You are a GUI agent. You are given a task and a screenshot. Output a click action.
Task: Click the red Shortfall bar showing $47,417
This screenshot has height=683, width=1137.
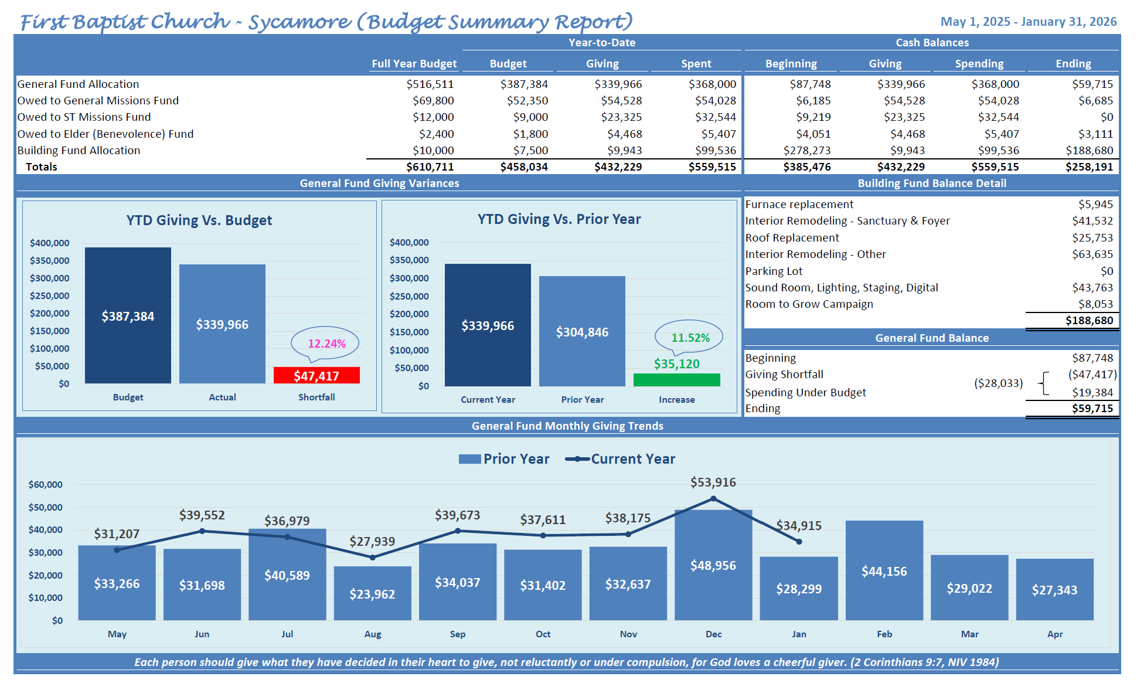(x=316, y=375)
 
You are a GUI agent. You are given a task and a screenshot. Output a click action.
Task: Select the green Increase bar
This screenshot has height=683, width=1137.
(x=676, y=380)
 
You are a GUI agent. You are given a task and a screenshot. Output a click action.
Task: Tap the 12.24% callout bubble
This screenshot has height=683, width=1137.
(x=326, y=343)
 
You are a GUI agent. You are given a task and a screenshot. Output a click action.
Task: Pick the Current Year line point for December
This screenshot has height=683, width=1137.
(x=713, y=499)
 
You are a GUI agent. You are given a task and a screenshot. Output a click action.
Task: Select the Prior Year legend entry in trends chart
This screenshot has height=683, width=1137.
(x=504, y=459)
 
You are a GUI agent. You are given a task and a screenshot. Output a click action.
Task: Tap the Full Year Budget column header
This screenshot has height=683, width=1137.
(x=414, y=64)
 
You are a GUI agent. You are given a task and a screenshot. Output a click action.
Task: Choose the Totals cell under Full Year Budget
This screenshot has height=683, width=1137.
(x=430, y=167)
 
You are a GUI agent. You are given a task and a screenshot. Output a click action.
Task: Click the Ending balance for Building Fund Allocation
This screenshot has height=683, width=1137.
(x=1089, y=151)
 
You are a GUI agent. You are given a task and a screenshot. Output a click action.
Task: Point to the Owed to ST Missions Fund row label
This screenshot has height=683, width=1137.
(x=84, y=117)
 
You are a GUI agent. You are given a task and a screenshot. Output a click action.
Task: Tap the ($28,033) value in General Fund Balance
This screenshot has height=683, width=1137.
(x=998, y=383)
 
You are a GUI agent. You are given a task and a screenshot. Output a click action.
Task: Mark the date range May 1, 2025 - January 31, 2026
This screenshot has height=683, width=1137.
(x=1029, y=22)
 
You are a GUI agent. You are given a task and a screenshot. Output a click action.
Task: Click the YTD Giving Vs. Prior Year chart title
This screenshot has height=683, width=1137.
(x=559, y=219)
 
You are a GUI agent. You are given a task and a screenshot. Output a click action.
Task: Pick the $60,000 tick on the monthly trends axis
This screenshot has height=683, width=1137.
(x=45, y=485)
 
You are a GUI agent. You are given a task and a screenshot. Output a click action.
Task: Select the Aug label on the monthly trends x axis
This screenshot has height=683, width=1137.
(x=372, y=634)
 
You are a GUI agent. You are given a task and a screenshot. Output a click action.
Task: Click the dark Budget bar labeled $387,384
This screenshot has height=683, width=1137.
(x=128, y=315)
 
